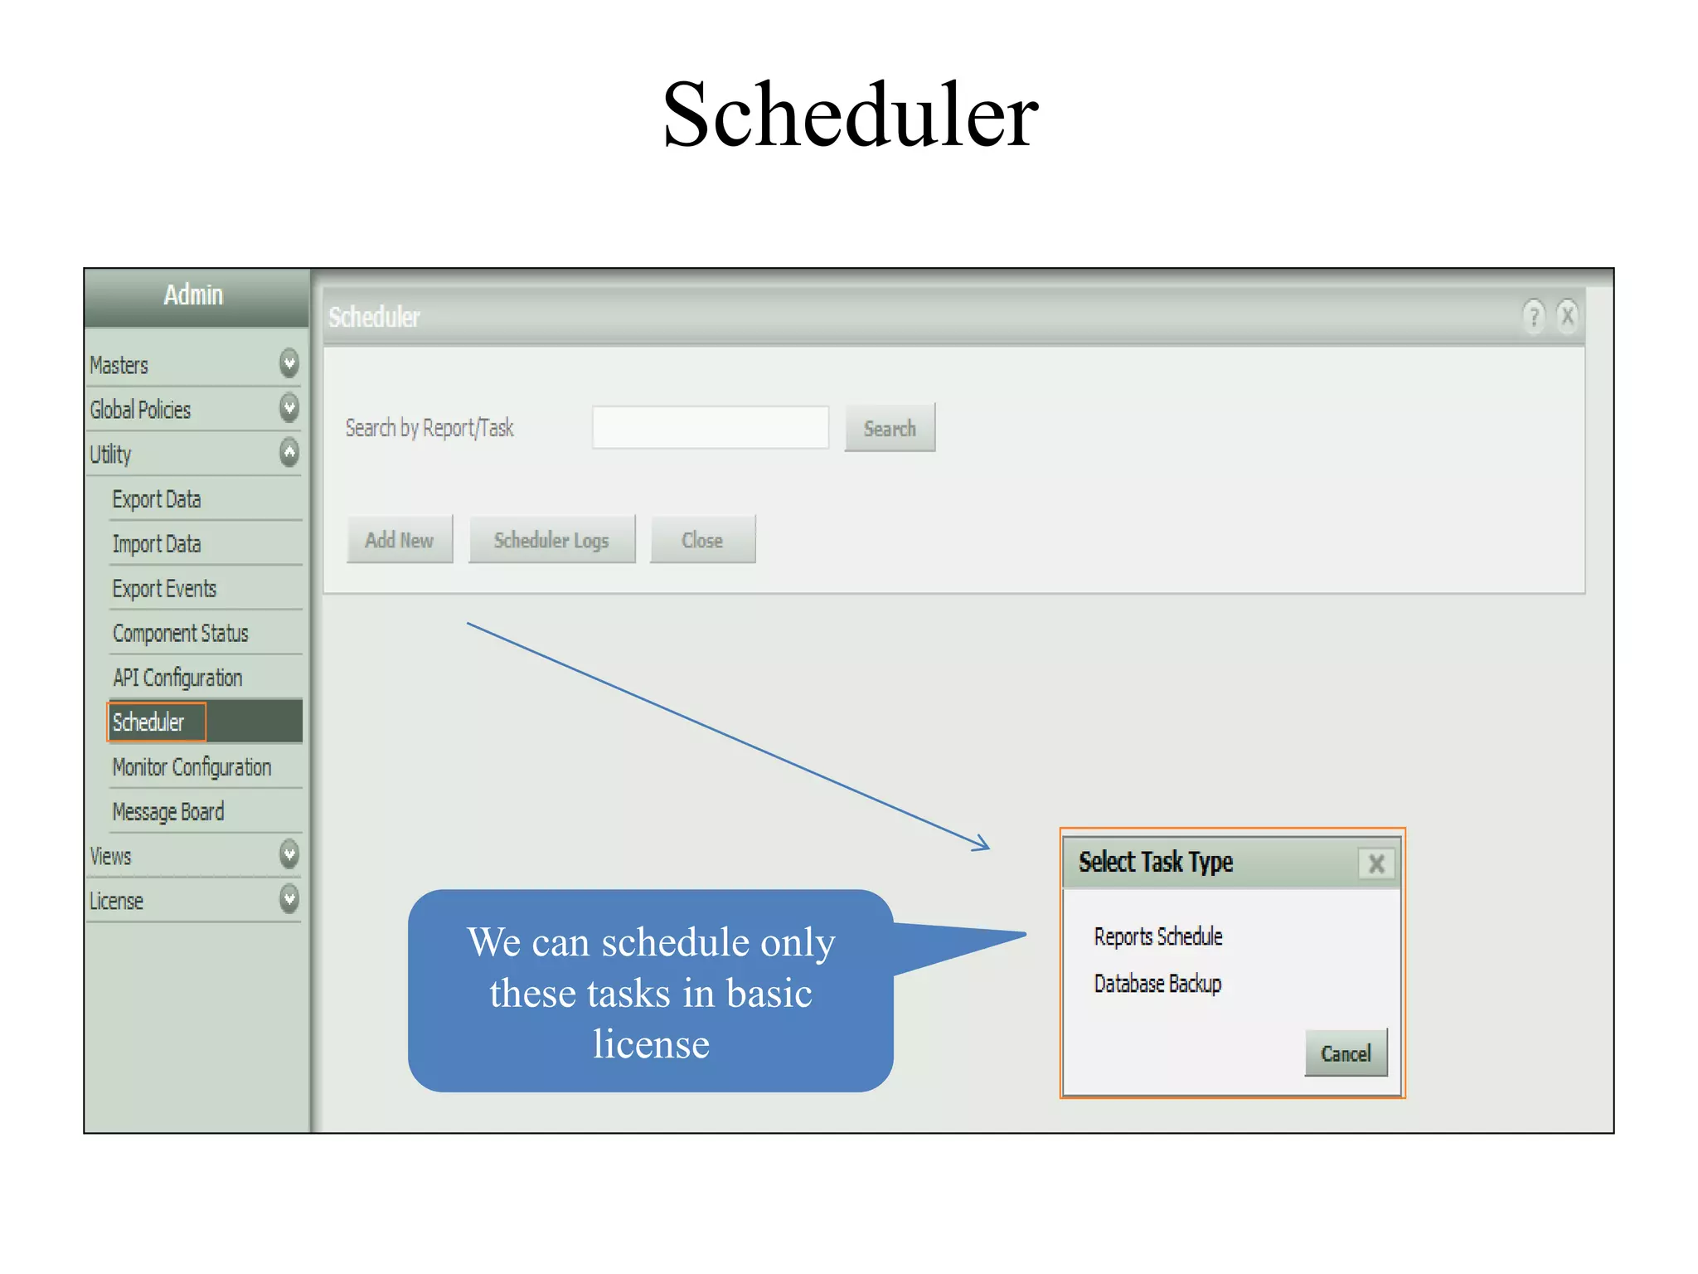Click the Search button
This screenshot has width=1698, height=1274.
[890, 428]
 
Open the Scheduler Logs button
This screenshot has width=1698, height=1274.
[551, 540]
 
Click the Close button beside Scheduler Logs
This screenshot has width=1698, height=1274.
[702, 540]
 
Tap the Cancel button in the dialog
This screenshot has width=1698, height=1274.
[1345, 1053]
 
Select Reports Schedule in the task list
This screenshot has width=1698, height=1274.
[1157, 936]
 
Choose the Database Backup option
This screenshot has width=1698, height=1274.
[1157, 984]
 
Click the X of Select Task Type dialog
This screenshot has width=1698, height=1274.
[1376, 863]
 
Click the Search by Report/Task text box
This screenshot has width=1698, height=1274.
[711, 428]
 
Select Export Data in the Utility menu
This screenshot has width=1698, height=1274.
[157, 499]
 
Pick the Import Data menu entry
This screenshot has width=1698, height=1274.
[157, 544]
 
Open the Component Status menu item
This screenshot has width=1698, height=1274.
[181, 634]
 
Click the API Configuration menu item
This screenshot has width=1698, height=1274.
[177, 678]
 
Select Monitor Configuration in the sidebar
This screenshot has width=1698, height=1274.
[192, 767]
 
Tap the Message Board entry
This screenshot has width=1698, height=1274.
[168, 812]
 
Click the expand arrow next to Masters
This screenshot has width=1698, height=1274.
[289, 363]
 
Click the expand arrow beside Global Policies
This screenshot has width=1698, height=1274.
[289, 408]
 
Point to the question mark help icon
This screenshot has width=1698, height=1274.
[1533, 316]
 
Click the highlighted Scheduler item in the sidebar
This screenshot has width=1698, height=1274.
[149, 722]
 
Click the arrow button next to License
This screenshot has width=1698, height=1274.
[289, 899]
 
